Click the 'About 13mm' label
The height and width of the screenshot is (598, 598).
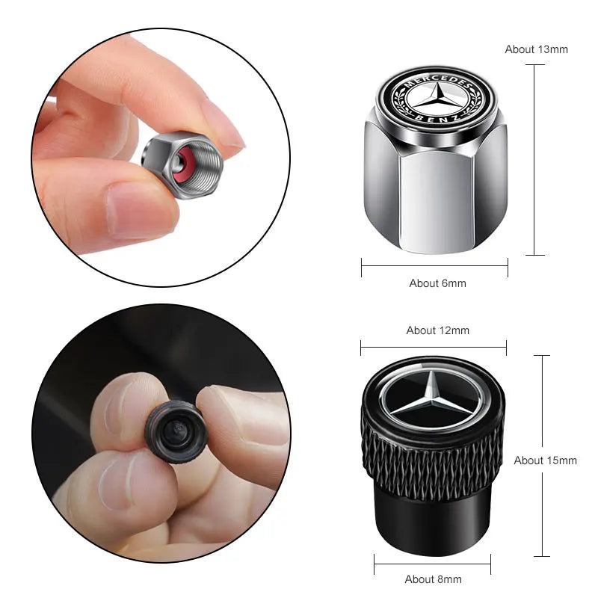click(x=536, y=49)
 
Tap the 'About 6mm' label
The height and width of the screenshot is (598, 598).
click(x=437, y=283)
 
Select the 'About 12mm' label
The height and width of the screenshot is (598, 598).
click(x=437, y=330)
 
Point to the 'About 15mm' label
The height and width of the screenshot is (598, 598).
click(x=545, y=460)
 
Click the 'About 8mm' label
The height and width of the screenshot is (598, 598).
click(x=433, y=579)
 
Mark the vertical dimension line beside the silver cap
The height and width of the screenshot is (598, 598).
click(x=534, y=161)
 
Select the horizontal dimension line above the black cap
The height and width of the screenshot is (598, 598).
click(x=433, y=346)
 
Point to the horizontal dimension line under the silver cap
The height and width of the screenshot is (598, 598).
click(x=434, y=265)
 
